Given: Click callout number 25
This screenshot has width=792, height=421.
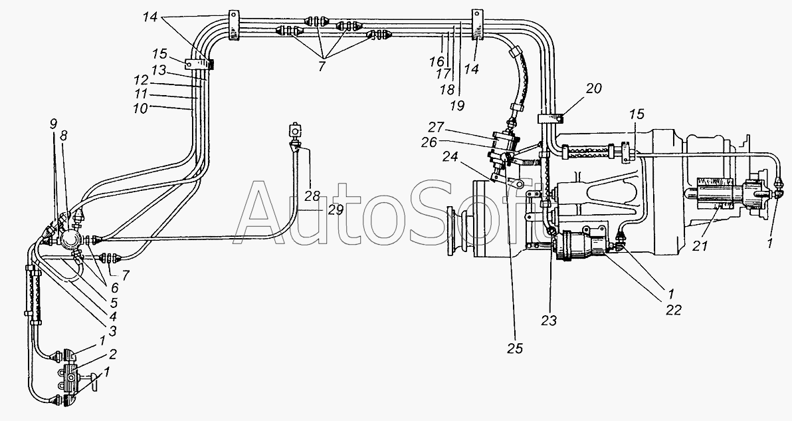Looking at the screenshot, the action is coord(515,349).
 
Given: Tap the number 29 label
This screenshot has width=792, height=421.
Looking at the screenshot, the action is coord(336,210).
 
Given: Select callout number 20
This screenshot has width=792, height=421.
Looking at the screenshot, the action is coord(594,88).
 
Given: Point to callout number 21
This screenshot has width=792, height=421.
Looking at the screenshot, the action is coord(700,246).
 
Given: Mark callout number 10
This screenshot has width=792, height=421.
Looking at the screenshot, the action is coord(140,108).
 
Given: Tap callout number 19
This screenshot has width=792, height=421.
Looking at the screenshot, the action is coord(458,105).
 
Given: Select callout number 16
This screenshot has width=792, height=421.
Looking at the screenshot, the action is coord(437,62).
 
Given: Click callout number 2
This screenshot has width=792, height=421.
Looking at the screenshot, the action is coord(112,354).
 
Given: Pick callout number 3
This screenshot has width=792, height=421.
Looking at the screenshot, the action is coord(112,331).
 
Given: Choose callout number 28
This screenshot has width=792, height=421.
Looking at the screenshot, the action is coord(312,196).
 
